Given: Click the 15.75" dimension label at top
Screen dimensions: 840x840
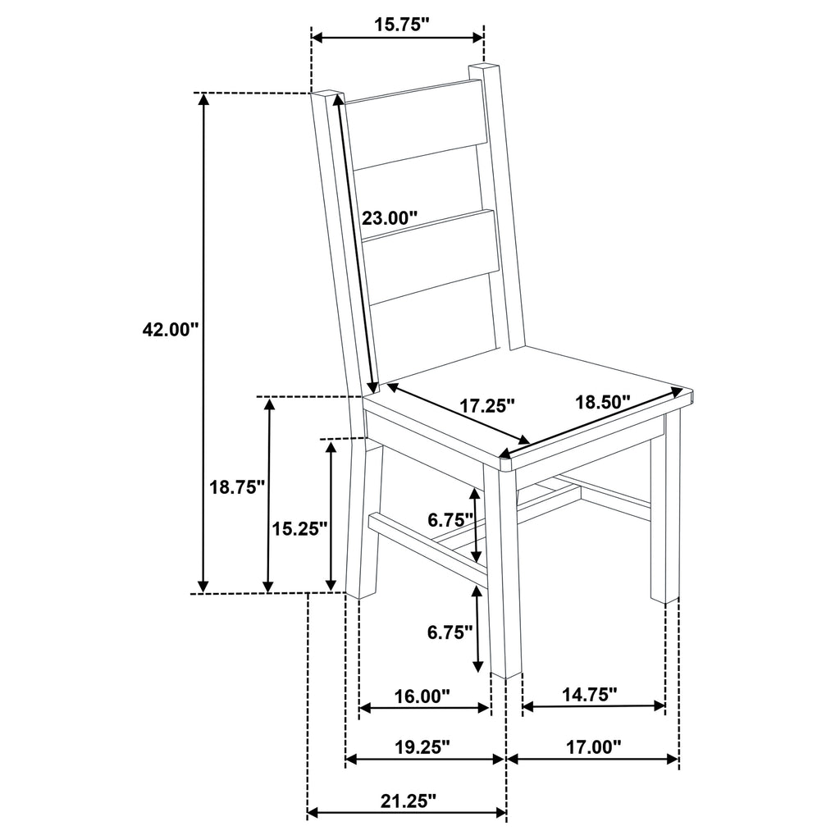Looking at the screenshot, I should (x=403, y=25).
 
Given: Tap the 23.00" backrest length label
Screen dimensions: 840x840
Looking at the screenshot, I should (x=390, y=218).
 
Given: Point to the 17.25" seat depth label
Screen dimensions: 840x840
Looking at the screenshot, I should (x=486, y=404).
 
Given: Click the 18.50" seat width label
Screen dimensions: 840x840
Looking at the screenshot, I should (x=602, y=402).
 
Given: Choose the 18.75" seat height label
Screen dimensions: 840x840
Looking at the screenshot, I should (x=237, y=487).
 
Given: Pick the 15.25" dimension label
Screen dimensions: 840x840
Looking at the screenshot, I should (x=300, y=528).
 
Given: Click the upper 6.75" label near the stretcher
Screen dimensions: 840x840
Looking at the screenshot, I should (x=450, y=519).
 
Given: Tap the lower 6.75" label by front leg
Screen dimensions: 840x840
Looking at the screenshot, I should (x=450, y=632).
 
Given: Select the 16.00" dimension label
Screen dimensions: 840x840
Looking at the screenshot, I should (x=422, y=696).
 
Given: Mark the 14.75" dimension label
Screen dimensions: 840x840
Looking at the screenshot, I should (x=589, y=695).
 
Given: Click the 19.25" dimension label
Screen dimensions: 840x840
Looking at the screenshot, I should (x=422, y=746).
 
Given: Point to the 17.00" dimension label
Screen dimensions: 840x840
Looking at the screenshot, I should (x=594, y=746).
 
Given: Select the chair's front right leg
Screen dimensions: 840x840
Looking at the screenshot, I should (x=665, y=509).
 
